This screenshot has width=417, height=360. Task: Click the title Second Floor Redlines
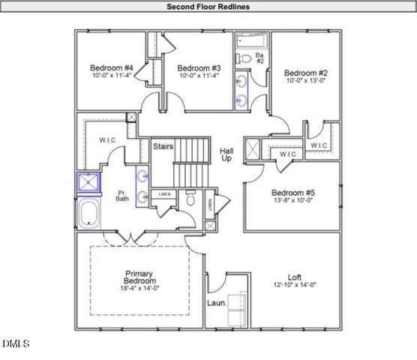pyautogui.click(x=208, y=7)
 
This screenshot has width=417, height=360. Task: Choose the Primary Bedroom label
pyautogui.click(x=140, y=276)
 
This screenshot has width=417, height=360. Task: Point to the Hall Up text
pyautogui.click(x=226, y=155)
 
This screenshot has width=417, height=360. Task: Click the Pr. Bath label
pyautogui.click(x=121, y=195)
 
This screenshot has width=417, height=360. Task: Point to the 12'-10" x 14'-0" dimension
pyautogui.click(x=293, y=285)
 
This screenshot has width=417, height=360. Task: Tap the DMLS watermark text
pyautogui.click(x=15, y=344)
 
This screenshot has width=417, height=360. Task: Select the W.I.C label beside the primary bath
pyautogui.click(x=106, y=139)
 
